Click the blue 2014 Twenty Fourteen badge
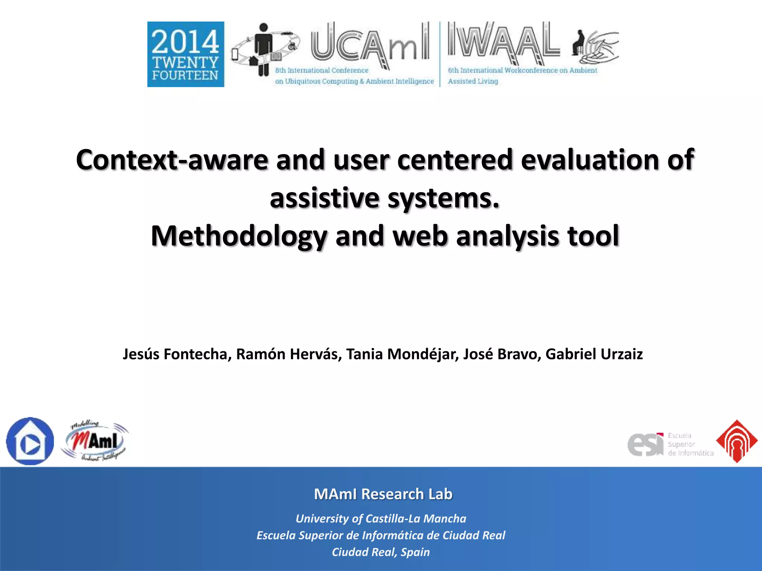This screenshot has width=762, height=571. click(186, 54)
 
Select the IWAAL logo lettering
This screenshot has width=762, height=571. click(503, 42)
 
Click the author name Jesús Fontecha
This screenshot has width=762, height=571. click(175, 354)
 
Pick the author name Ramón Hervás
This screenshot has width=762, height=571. click(289, 354)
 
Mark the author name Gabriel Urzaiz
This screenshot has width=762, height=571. click(594, 354)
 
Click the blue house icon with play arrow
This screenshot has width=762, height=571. click(30, 441)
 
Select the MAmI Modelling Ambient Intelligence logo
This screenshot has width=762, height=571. click(95, 442)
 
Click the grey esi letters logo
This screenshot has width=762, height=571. click(646, 444)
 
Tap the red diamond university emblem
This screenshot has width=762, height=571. click(737, 441)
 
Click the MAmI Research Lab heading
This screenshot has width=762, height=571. click(383, 494)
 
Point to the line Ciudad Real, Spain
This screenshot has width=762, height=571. click(381, 552)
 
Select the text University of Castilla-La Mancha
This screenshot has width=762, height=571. click(381, 519)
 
